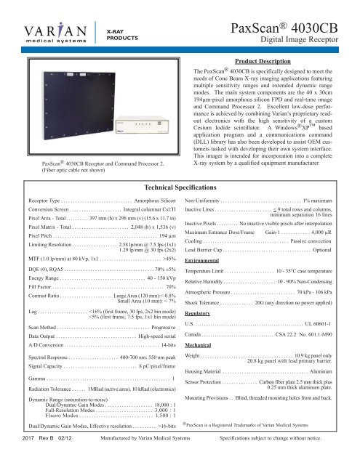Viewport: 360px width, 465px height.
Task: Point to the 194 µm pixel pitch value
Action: tap(167, 216)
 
